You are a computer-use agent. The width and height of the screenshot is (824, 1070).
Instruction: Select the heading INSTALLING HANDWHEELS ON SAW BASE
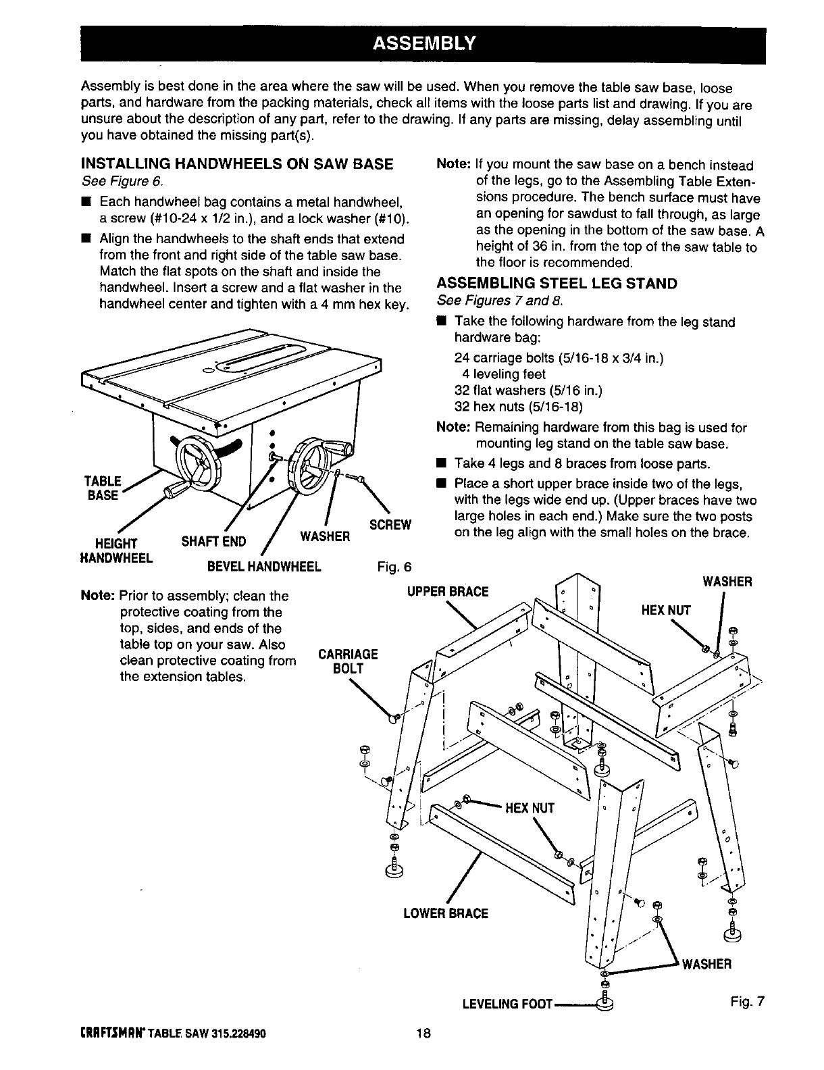tap(236, 164)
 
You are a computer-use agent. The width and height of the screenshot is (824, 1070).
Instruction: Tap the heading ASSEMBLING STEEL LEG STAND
tap(557, 283)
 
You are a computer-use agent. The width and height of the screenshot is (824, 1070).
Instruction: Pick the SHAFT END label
tap(214, 542)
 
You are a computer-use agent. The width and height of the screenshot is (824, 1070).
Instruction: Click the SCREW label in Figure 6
tap(391, 525)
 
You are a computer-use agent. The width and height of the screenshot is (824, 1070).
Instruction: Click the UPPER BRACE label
tap(447, 592)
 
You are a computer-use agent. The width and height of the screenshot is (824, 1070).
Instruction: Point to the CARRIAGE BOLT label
tap(348, 661)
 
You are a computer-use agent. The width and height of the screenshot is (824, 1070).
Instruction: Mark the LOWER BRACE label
tap(445, 913)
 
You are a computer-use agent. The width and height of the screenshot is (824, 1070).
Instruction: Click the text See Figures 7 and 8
tap(500, 299)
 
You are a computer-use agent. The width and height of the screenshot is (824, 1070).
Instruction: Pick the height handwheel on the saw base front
tap(195, 459)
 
